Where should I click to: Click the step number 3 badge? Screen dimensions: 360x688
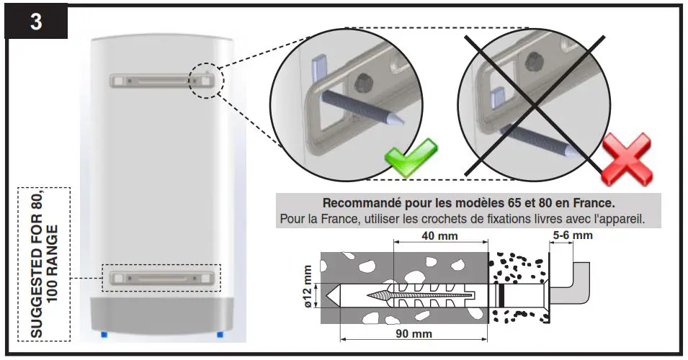click(36, 21)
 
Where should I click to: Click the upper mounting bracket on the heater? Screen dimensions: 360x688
click(162, 81)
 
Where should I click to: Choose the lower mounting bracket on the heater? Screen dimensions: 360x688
click(162, 276)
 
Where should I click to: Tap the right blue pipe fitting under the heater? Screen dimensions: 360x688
click(220, 334)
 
